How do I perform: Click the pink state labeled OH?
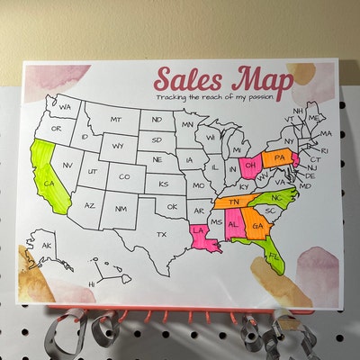252,166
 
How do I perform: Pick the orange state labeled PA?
279,159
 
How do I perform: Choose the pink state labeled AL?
235,224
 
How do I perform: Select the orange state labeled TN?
236,202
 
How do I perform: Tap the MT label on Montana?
116,120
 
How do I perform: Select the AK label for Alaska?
45,246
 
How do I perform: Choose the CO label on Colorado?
124,176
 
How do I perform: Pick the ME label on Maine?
313,118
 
